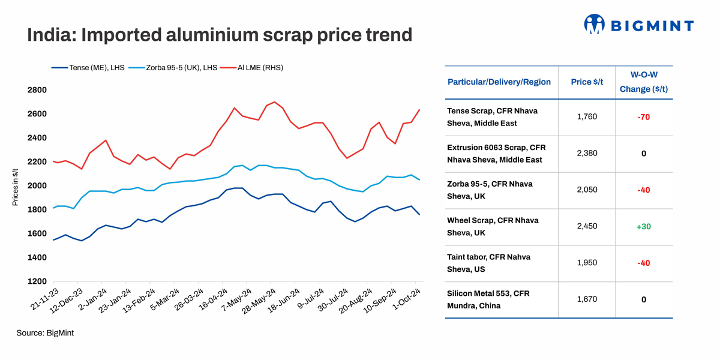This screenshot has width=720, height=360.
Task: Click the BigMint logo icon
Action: click(594, 25)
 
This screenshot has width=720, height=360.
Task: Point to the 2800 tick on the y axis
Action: click(37, 90)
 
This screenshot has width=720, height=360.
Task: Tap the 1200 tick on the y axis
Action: click(37, 281)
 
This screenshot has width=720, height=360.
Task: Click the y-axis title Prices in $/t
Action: click(14, 186)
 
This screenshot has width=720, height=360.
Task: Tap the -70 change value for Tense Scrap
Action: click(643, 117)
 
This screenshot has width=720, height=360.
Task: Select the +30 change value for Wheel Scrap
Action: click(643, 226)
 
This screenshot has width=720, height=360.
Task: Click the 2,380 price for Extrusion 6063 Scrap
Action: click(587, 154)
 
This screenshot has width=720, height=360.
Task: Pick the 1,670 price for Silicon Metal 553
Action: click(587, 299)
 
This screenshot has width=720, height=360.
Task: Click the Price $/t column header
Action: click(587, 82)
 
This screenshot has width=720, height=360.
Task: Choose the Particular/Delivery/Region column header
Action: click(499, 82)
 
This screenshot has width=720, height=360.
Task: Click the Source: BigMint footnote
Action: click(45, 332)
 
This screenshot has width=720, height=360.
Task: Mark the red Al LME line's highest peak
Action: click(274, 102)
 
